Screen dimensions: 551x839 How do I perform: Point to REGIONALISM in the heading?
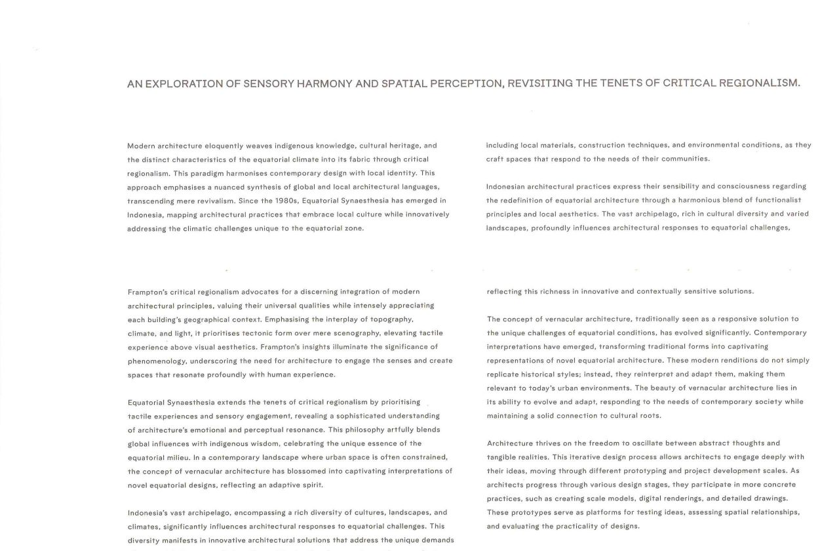coord(760,83)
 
